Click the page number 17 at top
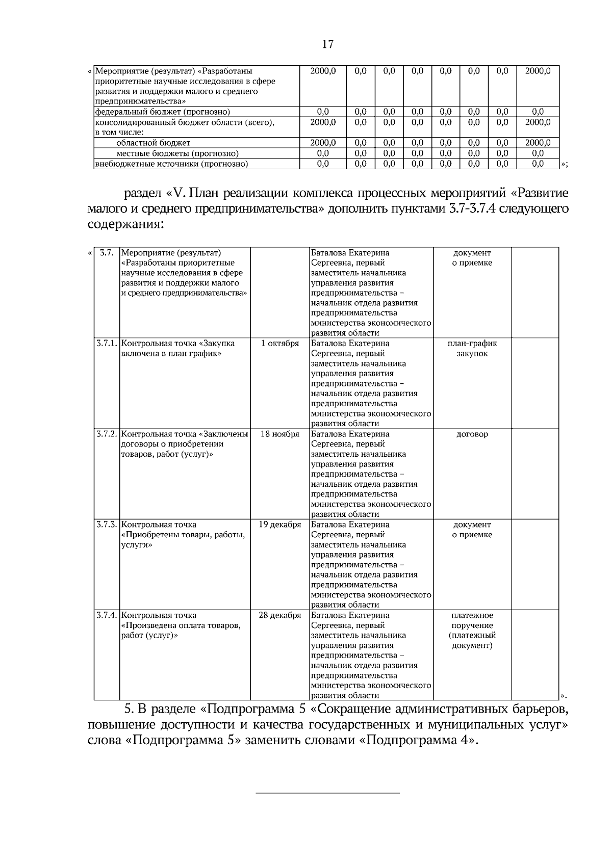pos(327,44)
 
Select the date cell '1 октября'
pos(280,344)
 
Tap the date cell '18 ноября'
pos(280,434)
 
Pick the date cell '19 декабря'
pos(280,525)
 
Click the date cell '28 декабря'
pos(280,615)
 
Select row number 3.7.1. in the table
pos(107,344)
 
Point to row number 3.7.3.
pos(107,525)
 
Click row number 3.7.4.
pos(107,615)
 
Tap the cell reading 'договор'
pos(472,434)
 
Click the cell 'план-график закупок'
pos(472,349)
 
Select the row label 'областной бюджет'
pos(153,143)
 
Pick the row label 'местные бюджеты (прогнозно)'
pos(177,153)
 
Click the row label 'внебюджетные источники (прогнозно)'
pos(172,164)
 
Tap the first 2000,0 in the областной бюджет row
pos(323,143)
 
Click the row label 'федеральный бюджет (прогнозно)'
pos(163,112)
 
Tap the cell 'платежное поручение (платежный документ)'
pos(472,631)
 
